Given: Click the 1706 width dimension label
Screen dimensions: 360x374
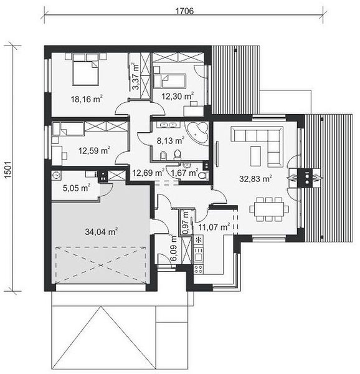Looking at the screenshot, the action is click(184, 11).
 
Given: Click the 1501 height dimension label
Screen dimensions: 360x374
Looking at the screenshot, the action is click(8, 170).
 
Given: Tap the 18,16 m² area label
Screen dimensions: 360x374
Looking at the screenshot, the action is click(87, 98).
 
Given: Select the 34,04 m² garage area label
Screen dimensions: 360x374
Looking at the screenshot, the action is click(102, 231).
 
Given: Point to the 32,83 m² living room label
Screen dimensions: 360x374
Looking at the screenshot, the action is click(256, 178).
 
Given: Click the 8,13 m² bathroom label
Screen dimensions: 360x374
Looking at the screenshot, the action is click(171, 140).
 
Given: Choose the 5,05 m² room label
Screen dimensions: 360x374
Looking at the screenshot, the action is click(76, 188).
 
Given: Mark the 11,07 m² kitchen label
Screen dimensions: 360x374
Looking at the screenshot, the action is click(214, 227).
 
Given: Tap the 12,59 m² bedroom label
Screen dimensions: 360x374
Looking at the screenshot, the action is click(94, 150).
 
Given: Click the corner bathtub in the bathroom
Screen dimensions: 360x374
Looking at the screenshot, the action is click(197, 132).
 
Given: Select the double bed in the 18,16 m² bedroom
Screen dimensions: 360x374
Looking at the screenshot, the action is click(85, 69).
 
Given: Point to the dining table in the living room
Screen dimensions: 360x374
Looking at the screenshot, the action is click(269, 209).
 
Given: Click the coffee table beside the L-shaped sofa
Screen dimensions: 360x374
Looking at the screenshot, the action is click(255, 156).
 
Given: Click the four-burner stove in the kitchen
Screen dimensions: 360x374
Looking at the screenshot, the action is click(199, 269).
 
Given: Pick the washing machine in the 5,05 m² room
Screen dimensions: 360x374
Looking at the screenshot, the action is click(57, 175).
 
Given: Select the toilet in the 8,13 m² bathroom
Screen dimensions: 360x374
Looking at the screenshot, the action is click(178, 155).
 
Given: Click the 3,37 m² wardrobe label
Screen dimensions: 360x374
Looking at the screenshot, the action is click(136, 76).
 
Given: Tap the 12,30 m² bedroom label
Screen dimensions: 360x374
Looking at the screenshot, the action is click(178, 96).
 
